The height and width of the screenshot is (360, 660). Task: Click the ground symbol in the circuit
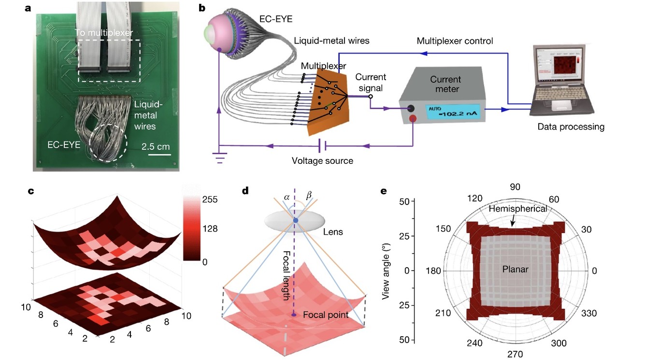(x=220, y=157)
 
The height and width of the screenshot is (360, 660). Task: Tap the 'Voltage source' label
(x=322, y=161)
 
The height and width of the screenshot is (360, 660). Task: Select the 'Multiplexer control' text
(x=455, y=41)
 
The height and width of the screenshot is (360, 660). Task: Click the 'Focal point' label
(x=325, y=315)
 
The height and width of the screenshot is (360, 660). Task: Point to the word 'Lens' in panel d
(x=332, y=232)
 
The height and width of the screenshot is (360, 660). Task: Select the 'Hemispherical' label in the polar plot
(x=517, y=209)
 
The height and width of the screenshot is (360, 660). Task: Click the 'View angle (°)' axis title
(x=386, y=271)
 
